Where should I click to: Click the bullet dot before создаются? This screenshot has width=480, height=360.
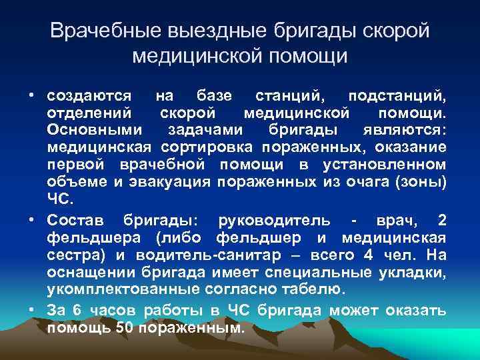coord(31,95)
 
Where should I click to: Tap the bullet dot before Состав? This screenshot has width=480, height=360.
coord(31,221)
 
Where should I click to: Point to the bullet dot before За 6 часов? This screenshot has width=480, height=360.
coord(31,309)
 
